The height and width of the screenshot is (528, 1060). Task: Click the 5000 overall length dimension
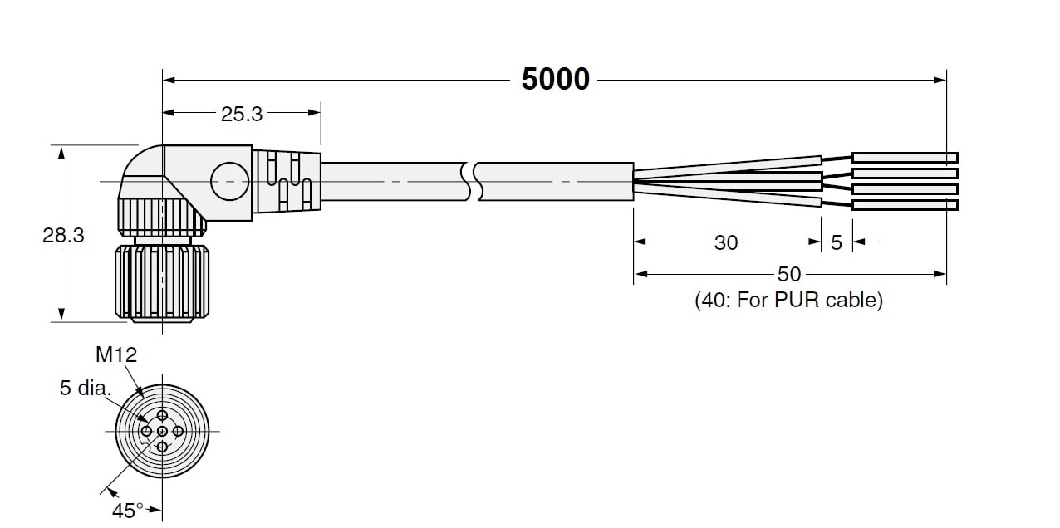pyautogui.click(x=556, y=79)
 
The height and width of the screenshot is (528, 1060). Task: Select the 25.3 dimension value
pyautogui.click(x=242, y=114)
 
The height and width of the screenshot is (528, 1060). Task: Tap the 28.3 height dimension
pyautogui.click(x=63, y=235)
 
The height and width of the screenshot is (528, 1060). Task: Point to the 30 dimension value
pyautogui.click(x=726, y=242)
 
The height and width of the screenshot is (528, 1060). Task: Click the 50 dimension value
pyautogui.click(x=789, y=275)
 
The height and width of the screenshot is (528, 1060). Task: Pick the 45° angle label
pyautogui.click(x=128, y=511)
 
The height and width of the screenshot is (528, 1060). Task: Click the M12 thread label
pyautogui.click(x=116, y=354)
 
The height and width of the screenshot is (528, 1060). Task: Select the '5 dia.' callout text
pyautogui.click(x=86, y=388)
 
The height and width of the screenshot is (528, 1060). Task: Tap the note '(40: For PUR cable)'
pyautogui.click(x=788, y=300)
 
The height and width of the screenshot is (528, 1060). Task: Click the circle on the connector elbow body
pyautogui.click(x=229, y=162)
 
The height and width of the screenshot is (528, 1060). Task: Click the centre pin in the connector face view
pyautogui.click(x=162, y=432)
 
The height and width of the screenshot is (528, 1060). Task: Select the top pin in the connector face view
pyautogui.click(x=162, y=416)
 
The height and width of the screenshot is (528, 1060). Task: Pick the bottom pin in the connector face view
pyautogui.click(x=162, y=447)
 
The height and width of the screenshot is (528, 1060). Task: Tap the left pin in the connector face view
pyautogui.click(x=147, y=432)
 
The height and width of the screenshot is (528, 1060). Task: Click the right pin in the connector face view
pyautogui.click(x=178, y=432)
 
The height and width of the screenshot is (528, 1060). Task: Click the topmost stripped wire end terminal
pyautogui.click(x=905, y=158)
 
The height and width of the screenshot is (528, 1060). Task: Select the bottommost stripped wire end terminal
pyautogui.click(x=905, y=205)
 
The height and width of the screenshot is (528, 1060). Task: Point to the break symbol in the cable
pyautogui.click(x=472, y=181)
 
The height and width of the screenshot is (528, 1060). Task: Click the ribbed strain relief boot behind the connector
pyautogui.click(x=287, y=181)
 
